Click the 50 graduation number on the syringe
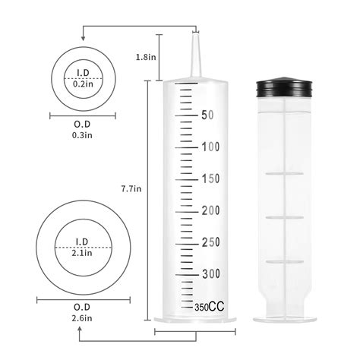click(207, 115)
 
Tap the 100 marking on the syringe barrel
click(210, 147)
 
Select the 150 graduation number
click(210, 178)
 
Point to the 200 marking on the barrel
click(210, 210)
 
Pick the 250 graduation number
click(210, 242)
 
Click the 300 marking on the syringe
click(210, 273)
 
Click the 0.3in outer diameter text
click(81, 135)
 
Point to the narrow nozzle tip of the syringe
click(194, 53)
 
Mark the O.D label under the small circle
click(81, 125)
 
